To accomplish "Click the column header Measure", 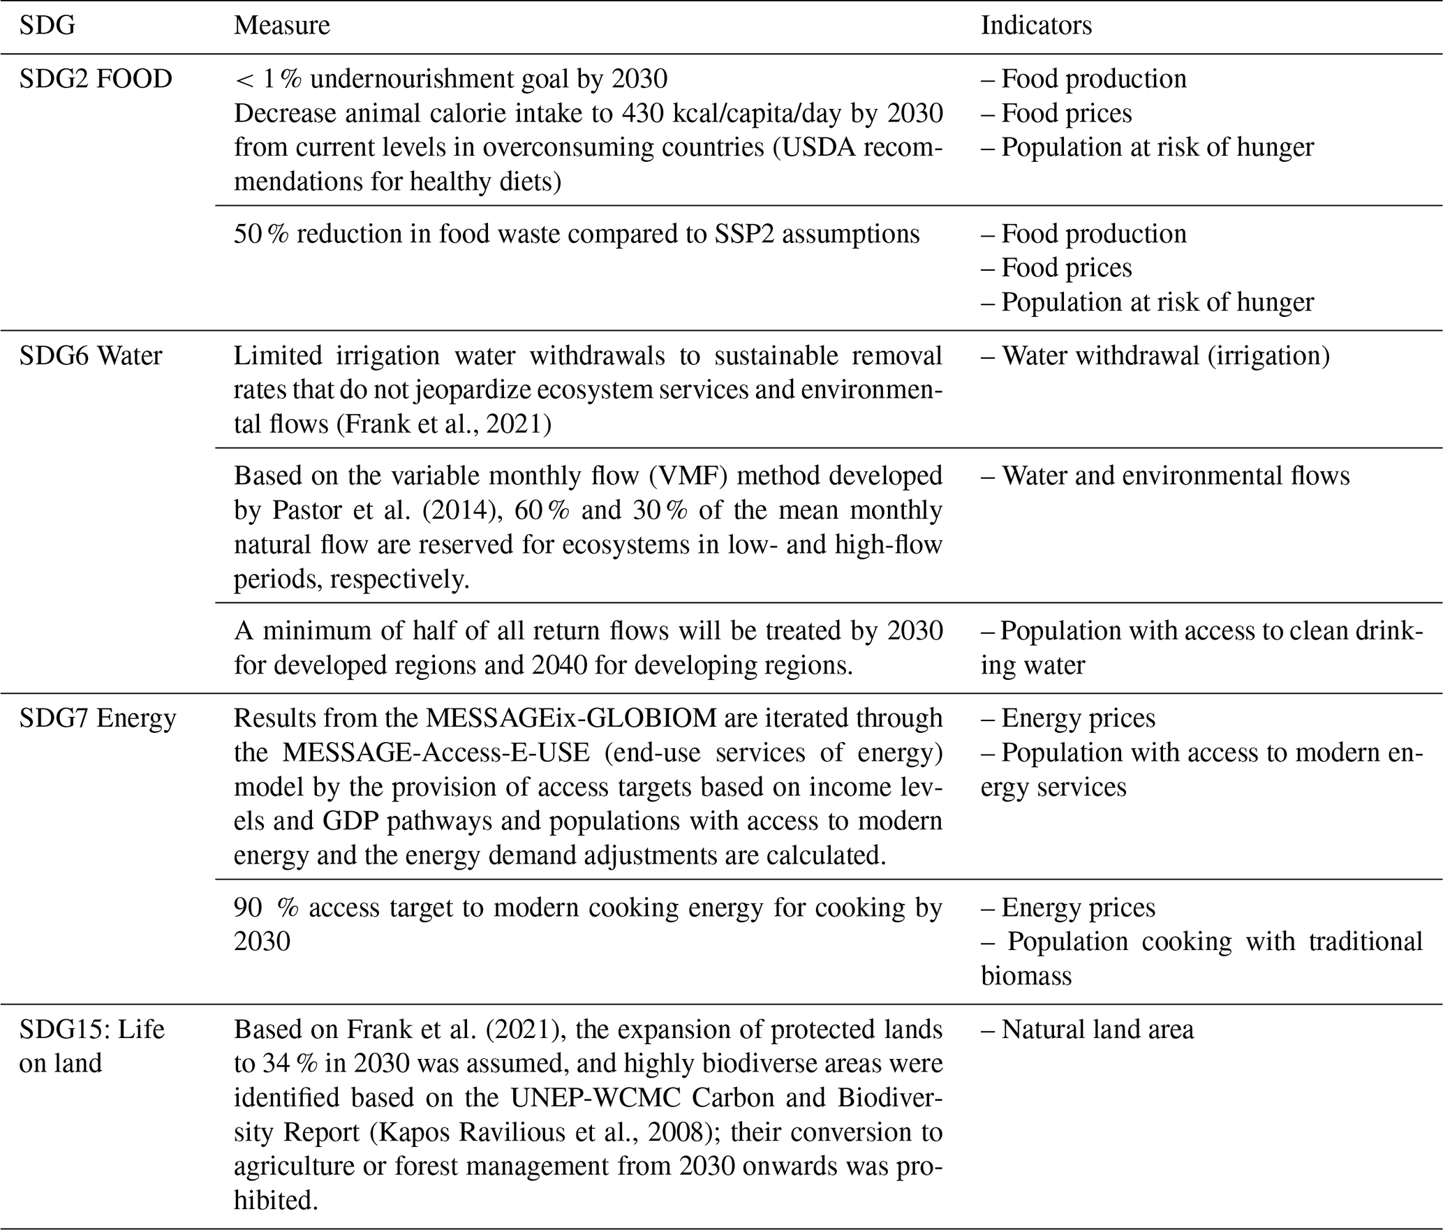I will click(x=281, y=26).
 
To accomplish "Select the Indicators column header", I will click(x=1036, y=26).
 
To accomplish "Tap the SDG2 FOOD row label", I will click(x=96, y=79).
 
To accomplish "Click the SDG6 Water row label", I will click(x=91, y=356).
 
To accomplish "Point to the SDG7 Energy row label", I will click(x=98, y=718).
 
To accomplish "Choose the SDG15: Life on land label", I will click(x=91, y=1046).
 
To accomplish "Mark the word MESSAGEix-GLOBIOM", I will click(x=571, y=718).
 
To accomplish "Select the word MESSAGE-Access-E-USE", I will click(x=436, y=753).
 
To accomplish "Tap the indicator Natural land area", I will click(x=1088, y=1030).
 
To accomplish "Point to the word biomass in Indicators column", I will click(x=1026, y=976).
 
